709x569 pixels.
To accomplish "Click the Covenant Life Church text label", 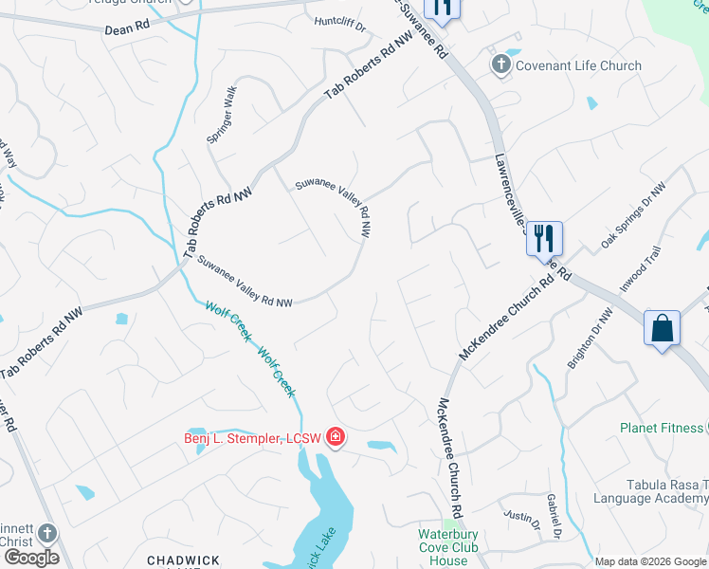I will (578, 65).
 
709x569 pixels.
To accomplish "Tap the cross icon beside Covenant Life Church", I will (500, 64).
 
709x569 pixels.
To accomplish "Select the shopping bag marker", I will (663, 329).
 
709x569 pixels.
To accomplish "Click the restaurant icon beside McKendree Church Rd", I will (544, 237).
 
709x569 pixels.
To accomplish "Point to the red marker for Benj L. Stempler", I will (335, 437).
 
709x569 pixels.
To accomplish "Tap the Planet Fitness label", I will (662, 428).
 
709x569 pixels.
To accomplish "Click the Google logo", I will (30, 558).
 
